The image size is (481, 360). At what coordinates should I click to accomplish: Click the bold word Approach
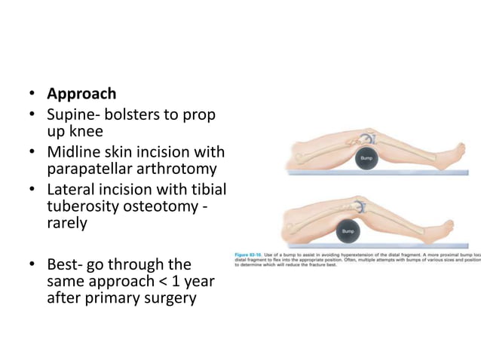pos(81,94)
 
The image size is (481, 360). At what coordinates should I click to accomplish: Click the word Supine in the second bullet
pos(71,115)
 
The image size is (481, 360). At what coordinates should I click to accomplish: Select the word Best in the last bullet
pos(62,265)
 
